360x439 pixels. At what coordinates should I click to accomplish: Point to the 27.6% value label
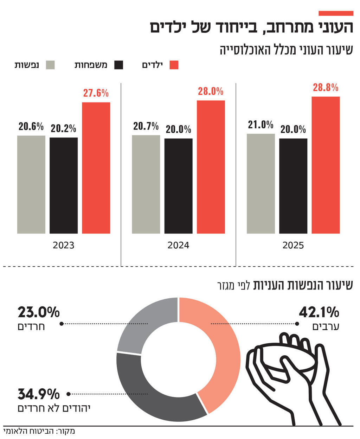coord(96,93)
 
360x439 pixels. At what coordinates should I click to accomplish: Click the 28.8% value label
coord(326,88)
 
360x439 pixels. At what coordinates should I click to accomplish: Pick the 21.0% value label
coord(261,125)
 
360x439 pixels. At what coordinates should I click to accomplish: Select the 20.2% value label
coord(63,128)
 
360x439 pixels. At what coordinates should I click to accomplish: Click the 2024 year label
coord(178,245)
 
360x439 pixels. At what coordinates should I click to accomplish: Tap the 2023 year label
coord(64,245)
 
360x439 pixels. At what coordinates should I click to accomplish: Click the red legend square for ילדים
coord(174,65)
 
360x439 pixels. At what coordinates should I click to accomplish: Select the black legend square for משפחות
coord(119,65)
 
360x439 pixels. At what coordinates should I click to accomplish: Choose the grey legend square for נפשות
coord(51,65)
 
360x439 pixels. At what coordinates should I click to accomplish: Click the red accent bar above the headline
coord(336,13)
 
